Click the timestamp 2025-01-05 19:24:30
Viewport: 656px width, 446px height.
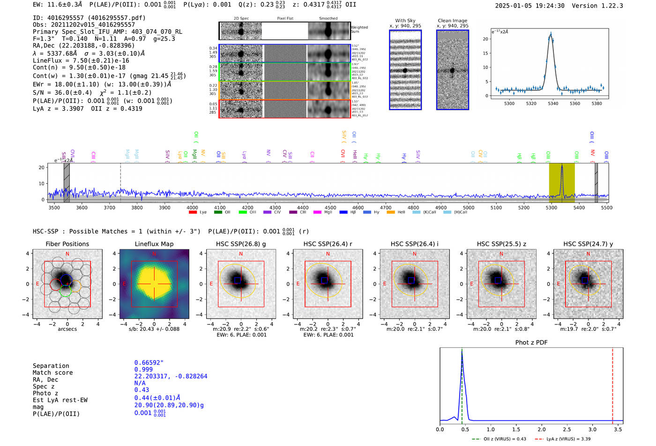(x=529, y=6)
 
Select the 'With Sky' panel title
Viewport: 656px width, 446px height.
(x=405, y=21)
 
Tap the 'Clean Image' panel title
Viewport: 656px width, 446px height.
(x=452, y=21)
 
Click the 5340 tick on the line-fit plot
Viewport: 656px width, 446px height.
(x=553, y=103)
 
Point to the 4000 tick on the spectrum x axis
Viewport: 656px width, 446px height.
(x=192, y=207)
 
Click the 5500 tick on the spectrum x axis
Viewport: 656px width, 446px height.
(x=606, y=207)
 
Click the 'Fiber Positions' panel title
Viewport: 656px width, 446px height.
(x=67, y=244)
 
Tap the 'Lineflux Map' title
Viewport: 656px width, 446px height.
(x=154, y=244)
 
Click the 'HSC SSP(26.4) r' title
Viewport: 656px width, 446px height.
(x=328, y=244)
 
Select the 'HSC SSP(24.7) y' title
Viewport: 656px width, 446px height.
(x=588, y=244)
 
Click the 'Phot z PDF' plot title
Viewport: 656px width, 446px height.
(x=531, y=343)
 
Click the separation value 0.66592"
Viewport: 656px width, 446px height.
(x=149, y=363)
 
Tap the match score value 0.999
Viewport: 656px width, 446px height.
(x=143, y=369)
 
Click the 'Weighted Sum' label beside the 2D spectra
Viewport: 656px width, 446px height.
(x=359, y=29)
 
